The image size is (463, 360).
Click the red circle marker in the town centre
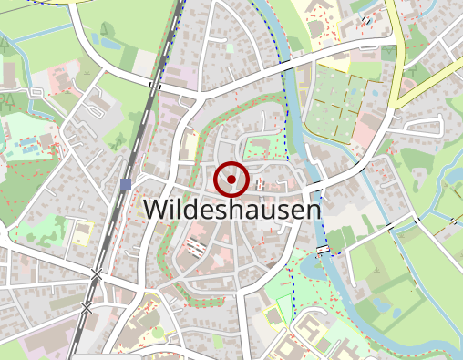pyautogui.click(x=231, y=180)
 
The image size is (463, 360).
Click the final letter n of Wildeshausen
pyautogui.click(x=314, y=210)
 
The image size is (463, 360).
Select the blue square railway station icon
pyautogui.click(x=125, y=184)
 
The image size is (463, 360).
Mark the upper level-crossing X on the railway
pyautogui.click(x=97, y=273)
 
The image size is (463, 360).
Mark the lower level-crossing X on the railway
pyautogui.click(x=87, y=308)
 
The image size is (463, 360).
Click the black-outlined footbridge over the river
pyautogui.click(x=323, y=249)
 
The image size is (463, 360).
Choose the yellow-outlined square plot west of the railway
pyautogui.click(x=83, y=233)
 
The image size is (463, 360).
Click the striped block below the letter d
pyautogui.click(x=194, y=244)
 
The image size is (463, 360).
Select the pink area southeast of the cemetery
pyautogui.click(x=365, y=137)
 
